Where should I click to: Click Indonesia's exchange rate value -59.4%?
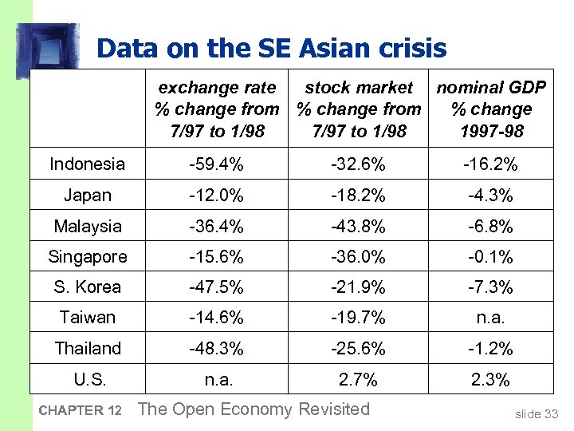click(216, 164)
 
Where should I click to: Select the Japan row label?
click(87, 196)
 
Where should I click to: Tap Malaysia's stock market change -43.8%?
click(359, 227)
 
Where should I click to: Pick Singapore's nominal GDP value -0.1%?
click(490, 257)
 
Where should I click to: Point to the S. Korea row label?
click(87, 287)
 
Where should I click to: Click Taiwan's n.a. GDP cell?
click(490, 318)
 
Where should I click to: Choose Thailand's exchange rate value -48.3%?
click(216, 349)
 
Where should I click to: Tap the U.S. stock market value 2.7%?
click(359, 380)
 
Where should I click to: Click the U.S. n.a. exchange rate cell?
click(216, 380)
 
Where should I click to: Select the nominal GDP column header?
click(490, 109)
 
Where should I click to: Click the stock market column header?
click(359, 109)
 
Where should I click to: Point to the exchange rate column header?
click(217, 109)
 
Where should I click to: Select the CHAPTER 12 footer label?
click(78, 411)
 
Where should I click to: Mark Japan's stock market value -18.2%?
click(359, 196)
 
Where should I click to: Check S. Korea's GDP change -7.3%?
click(490, 287)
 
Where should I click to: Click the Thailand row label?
click(87, 349)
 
